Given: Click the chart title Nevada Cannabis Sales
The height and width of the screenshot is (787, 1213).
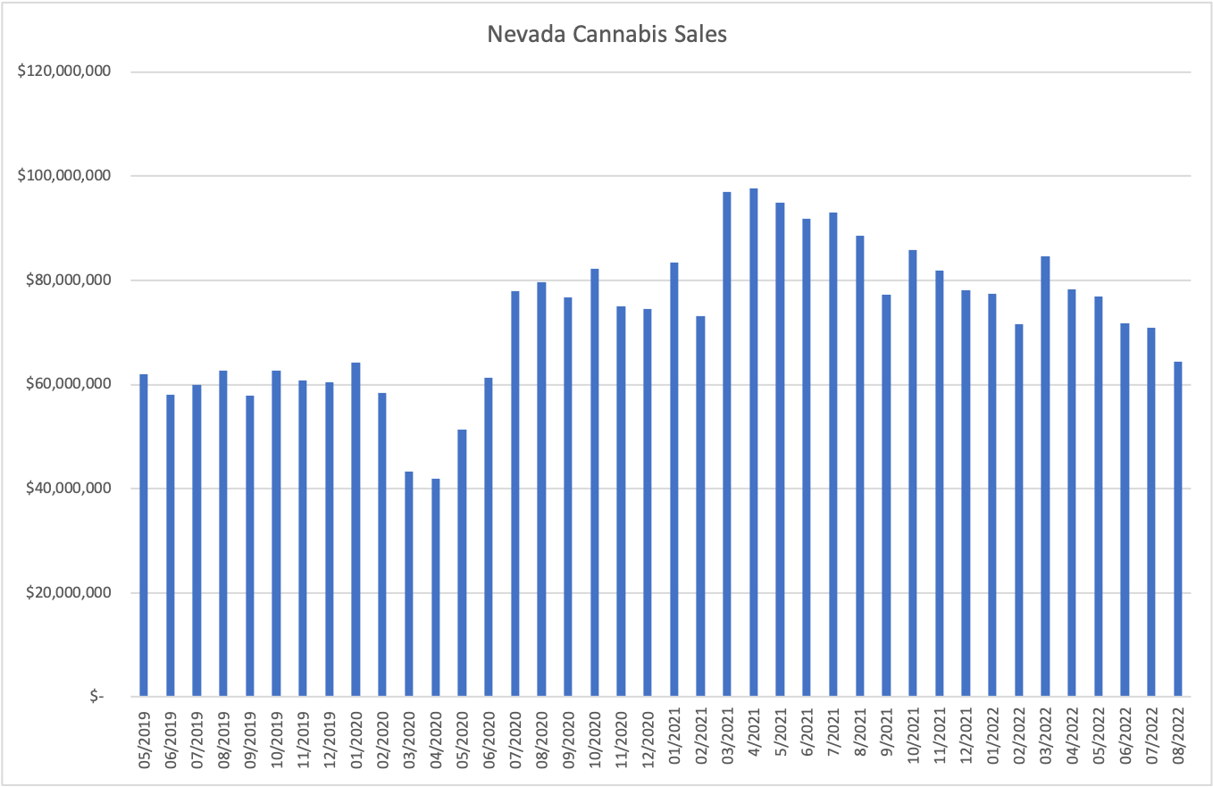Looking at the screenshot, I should tap(606, 34).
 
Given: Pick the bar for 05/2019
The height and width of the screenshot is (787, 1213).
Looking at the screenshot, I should tap(144, 536).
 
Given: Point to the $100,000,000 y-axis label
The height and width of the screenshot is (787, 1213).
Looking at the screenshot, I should tap(63, 176).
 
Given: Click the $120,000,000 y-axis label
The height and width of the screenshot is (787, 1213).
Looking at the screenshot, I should tap(63, 71).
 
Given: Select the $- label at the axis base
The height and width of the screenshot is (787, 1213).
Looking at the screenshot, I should tap(96, 697).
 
